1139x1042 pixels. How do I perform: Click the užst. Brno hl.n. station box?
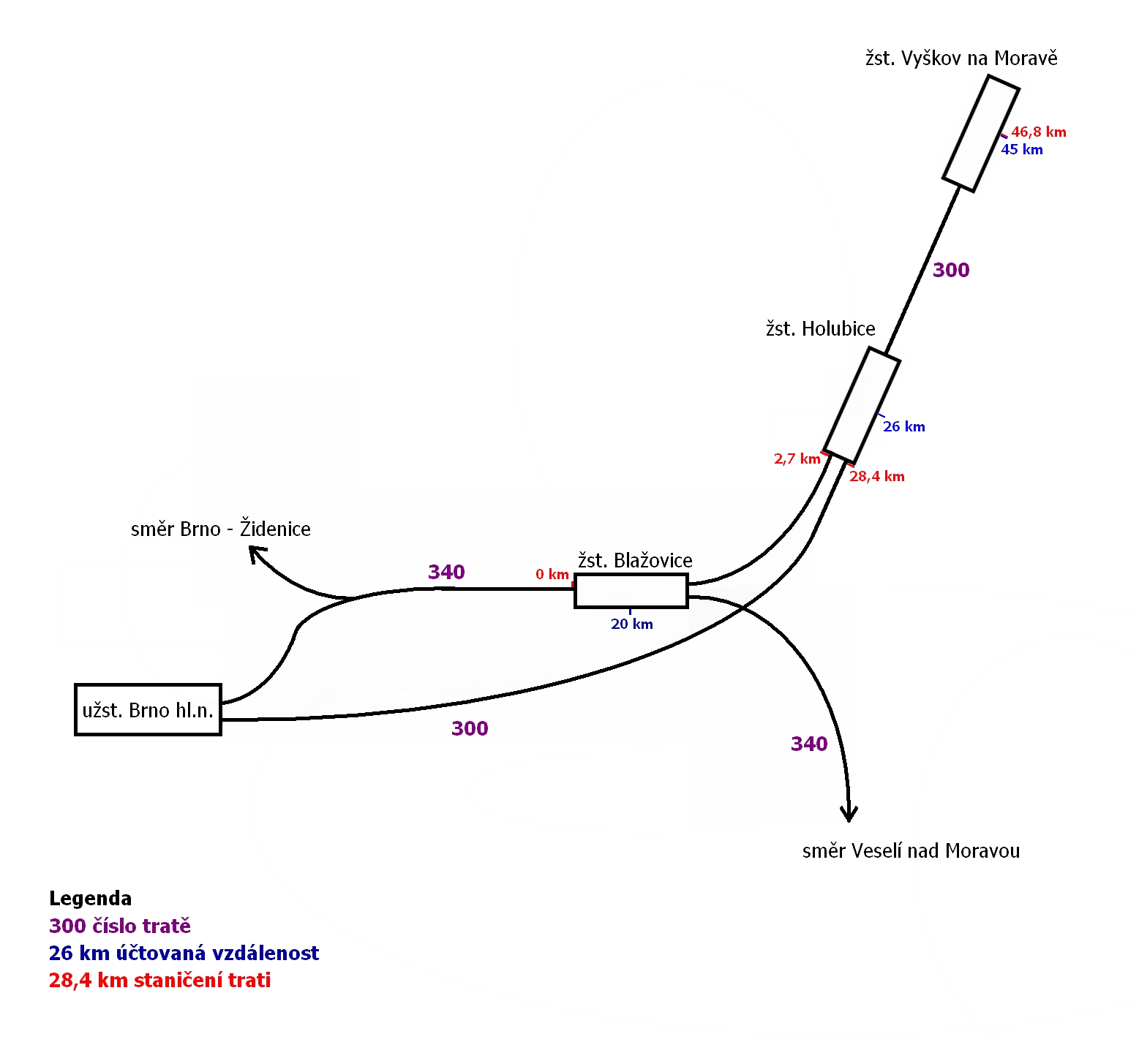click(148, 709)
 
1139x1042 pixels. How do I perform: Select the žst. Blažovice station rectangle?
click(631, 591)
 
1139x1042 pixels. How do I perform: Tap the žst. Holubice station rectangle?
click(862, 405)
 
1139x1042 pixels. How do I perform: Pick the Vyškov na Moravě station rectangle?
click(980, 134)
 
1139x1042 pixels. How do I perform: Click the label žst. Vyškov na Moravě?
click(961, 58)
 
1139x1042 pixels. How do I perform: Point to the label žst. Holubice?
click(820, 329)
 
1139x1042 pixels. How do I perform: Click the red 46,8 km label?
click(1038, 132)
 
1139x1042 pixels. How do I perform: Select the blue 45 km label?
click(1022, 150)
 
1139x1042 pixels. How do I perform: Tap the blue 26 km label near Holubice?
click(903, 427)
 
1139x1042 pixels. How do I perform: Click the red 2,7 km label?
click(797, 459)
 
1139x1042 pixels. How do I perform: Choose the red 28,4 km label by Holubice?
click(876, 477)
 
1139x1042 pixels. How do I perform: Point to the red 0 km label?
click(552, 575)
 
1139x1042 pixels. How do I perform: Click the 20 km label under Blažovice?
click(631, 624)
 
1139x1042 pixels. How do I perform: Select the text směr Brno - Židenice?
click(220, 529)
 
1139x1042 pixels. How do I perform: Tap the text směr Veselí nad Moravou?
click(911, 851)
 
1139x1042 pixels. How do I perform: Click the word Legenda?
click(90, 899)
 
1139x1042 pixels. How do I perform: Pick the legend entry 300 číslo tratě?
click(119, 926)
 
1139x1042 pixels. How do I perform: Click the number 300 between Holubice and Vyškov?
click(951, 271)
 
